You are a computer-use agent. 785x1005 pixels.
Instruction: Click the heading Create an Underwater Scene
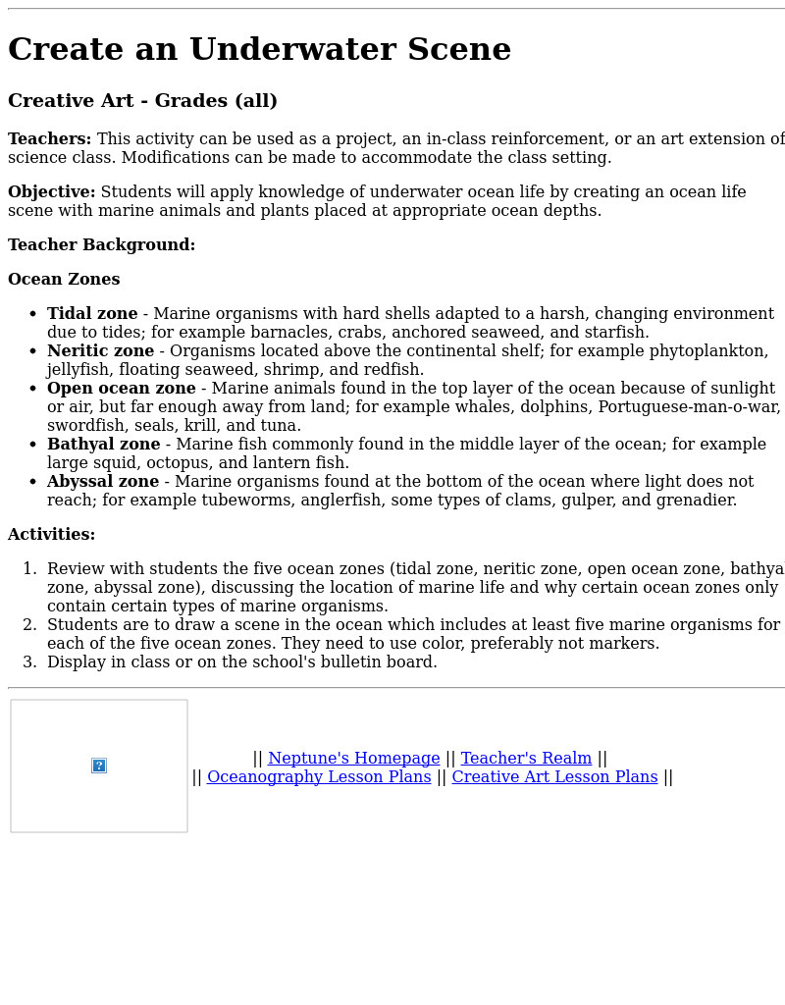pos(259,50)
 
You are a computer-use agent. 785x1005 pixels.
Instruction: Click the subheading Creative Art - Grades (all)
pos(142,101)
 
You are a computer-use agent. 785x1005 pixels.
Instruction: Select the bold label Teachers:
pos(49,139)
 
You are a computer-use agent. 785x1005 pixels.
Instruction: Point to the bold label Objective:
pos(51,192)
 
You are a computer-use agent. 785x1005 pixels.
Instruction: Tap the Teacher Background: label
pos(101,245)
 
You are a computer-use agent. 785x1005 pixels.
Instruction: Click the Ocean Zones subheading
pos(64,280)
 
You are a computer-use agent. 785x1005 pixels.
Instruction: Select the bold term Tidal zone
pos(92,314)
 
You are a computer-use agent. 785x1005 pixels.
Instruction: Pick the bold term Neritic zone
pos(100,351)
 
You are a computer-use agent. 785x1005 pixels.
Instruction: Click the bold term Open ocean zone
pos(121,389)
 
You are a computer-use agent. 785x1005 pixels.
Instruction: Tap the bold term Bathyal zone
pos(103,445)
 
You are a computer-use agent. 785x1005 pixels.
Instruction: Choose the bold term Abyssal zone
pos(102,482)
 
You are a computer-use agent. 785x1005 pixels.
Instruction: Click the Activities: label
pos(51,535)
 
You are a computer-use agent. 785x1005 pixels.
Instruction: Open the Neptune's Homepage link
pos(353,759)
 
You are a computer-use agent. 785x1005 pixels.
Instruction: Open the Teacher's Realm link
pos(526,759)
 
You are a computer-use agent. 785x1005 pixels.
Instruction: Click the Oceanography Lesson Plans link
pos(319,777)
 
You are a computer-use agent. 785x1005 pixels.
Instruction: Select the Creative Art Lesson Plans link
pos(554,777)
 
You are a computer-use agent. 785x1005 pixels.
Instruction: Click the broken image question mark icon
pos(99,766)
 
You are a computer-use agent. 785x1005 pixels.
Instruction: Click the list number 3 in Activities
pos(29,662)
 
